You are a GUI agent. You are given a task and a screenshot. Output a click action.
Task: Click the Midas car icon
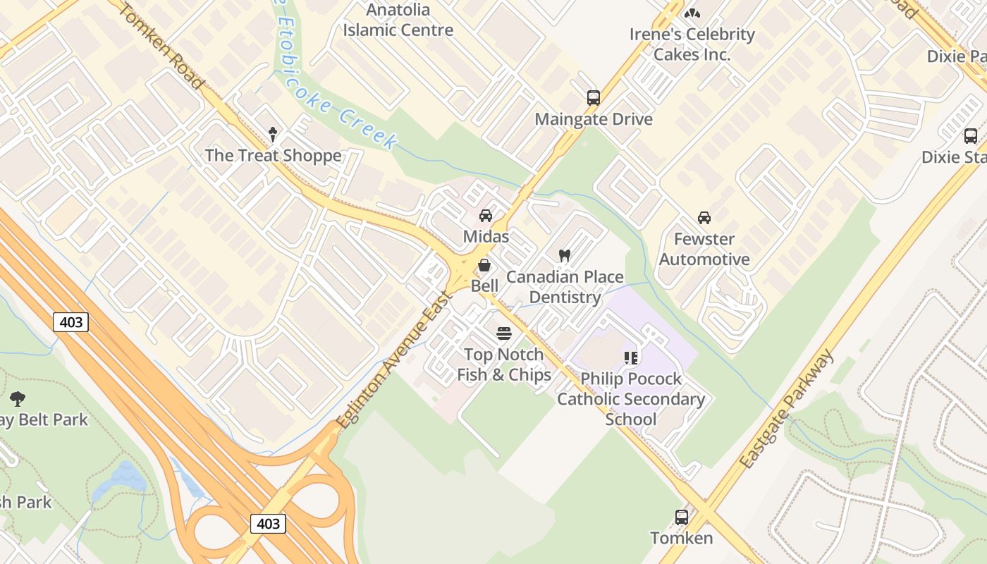[x=486, y=216]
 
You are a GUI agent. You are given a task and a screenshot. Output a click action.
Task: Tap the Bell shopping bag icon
[x=484, y=266]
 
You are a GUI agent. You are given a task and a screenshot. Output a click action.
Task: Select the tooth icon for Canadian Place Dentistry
[x=564, y=255]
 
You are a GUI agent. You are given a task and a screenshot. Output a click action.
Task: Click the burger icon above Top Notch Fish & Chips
[x=504, y=333]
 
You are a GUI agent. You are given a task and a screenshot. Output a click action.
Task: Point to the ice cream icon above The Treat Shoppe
[x=273, y=134]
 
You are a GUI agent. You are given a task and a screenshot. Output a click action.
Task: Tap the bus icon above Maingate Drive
[x=594, y=98]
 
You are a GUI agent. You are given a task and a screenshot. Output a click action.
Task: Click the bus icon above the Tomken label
[x=682, y=517]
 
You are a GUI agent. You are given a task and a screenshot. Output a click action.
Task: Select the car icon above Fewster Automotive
[x=704, y=217]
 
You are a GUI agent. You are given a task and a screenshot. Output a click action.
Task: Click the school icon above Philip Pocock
[x=631, y=357]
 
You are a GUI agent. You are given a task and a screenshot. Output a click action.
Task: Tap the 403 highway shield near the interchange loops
[x=268, y=524]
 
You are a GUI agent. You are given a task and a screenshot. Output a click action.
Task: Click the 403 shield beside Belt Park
[x=70, y=323]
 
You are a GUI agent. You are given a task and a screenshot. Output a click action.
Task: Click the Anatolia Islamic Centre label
[x=398, y=20]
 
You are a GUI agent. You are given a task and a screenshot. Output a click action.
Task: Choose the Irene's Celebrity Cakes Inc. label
[x=692, y=44]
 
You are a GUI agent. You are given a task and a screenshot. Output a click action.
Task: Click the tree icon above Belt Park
[x=18, y=399]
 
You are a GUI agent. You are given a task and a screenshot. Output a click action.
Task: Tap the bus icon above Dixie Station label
[x=971, y=136]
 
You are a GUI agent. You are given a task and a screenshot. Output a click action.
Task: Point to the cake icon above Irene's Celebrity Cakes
[x=692, y=13]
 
